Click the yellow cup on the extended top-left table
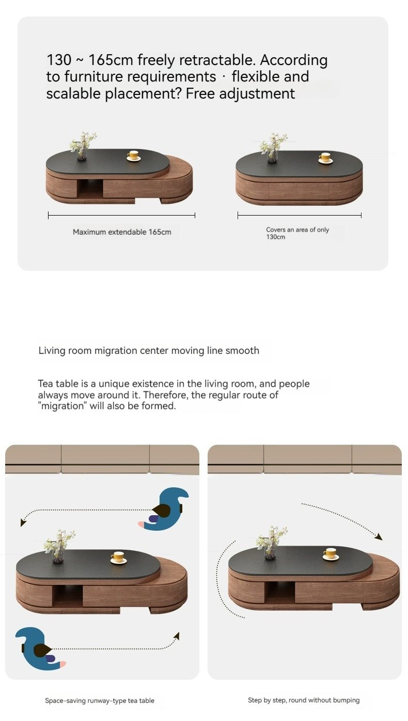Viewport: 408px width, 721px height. (x=134, y=155)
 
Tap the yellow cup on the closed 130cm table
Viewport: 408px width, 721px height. (x=325, y=158)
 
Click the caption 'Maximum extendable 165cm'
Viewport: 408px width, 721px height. (x=122, y=232)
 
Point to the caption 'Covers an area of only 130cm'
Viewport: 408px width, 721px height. (x=297, y=233)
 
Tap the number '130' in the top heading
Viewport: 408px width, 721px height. (x=59, y=60)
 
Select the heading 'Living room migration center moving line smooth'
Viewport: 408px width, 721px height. (x=149, y=351)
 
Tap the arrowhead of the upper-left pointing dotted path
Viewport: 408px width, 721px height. (x=23, y=522)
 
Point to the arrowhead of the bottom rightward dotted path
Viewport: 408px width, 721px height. (x=177, y=636)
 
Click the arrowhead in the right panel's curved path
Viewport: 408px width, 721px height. (x=379, y=536)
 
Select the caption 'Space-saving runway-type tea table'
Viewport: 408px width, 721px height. (x=100, y=701)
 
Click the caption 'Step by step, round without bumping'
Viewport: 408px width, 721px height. (x=304, y=700)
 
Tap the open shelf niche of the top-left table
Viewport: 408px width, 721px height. (x=90, y=189)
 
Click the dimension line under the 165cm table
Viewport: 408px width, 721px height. (x=121, y=215)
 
